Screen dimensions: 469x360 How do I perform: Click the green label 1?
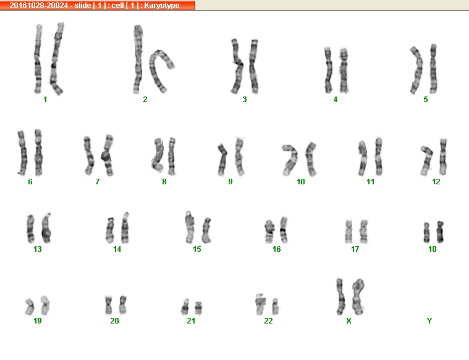click(45, 100)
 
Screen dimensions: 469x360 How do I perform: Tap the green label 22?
click(268, 321)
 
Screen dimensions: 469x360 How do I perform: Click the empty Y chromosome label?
click(429, 321)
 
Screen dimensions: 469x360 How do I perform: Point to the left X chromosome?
click(340, 296)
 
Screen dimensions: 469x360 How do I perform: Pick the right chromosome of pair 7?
click(108, 155)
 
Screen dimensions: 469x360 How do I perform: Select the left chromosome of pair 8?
click(158, 155)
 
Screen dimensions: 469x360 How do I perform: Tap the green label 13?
click(38, 249)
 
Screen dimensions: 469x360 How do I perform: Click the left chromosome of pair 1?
click(38, 59)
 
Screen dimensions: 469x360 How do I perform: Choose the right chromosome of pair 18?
click(440, 232)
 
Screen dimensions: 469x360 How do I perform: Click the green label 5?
click(426, 100)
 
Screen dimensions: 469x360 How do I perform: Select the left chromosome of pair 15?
click(189, 227)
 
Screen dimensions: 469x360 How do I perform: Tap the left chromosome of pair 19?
click(30, 307)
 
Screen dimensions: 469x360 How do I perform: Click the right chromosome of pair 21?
click(198, 308)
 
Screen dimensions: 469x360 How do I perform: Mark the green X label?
click(349, 321)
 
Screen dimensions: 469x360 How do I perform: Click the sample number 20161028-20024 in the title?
click(38, 6)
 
